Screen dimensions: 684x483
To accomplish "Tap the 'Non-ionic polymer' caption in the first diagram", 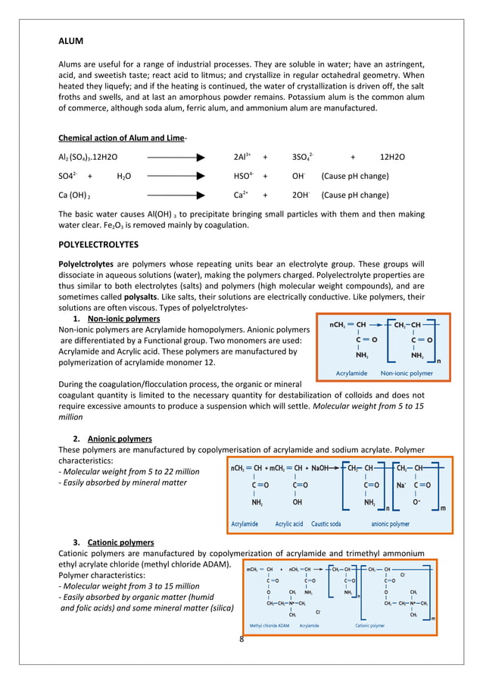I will click(x=407, y=373).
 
